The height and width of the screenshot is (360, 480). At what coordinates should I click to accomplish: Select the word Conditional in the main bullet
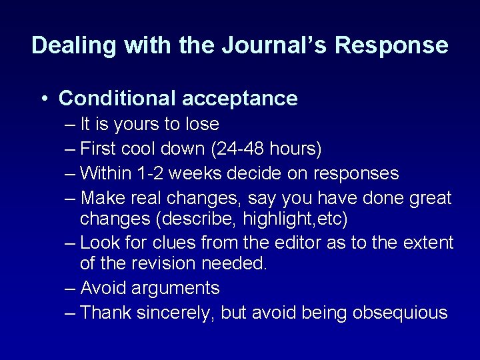coord(117,99)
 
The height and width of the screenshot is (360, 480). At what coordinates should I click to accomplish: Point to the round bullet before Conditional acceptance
coord(43,99)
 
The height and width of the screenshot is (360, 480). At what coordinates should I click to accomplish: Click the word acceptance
coord(239,99)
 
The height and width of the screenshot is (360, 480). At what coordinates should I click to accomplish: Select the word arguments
coord(176,288)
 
